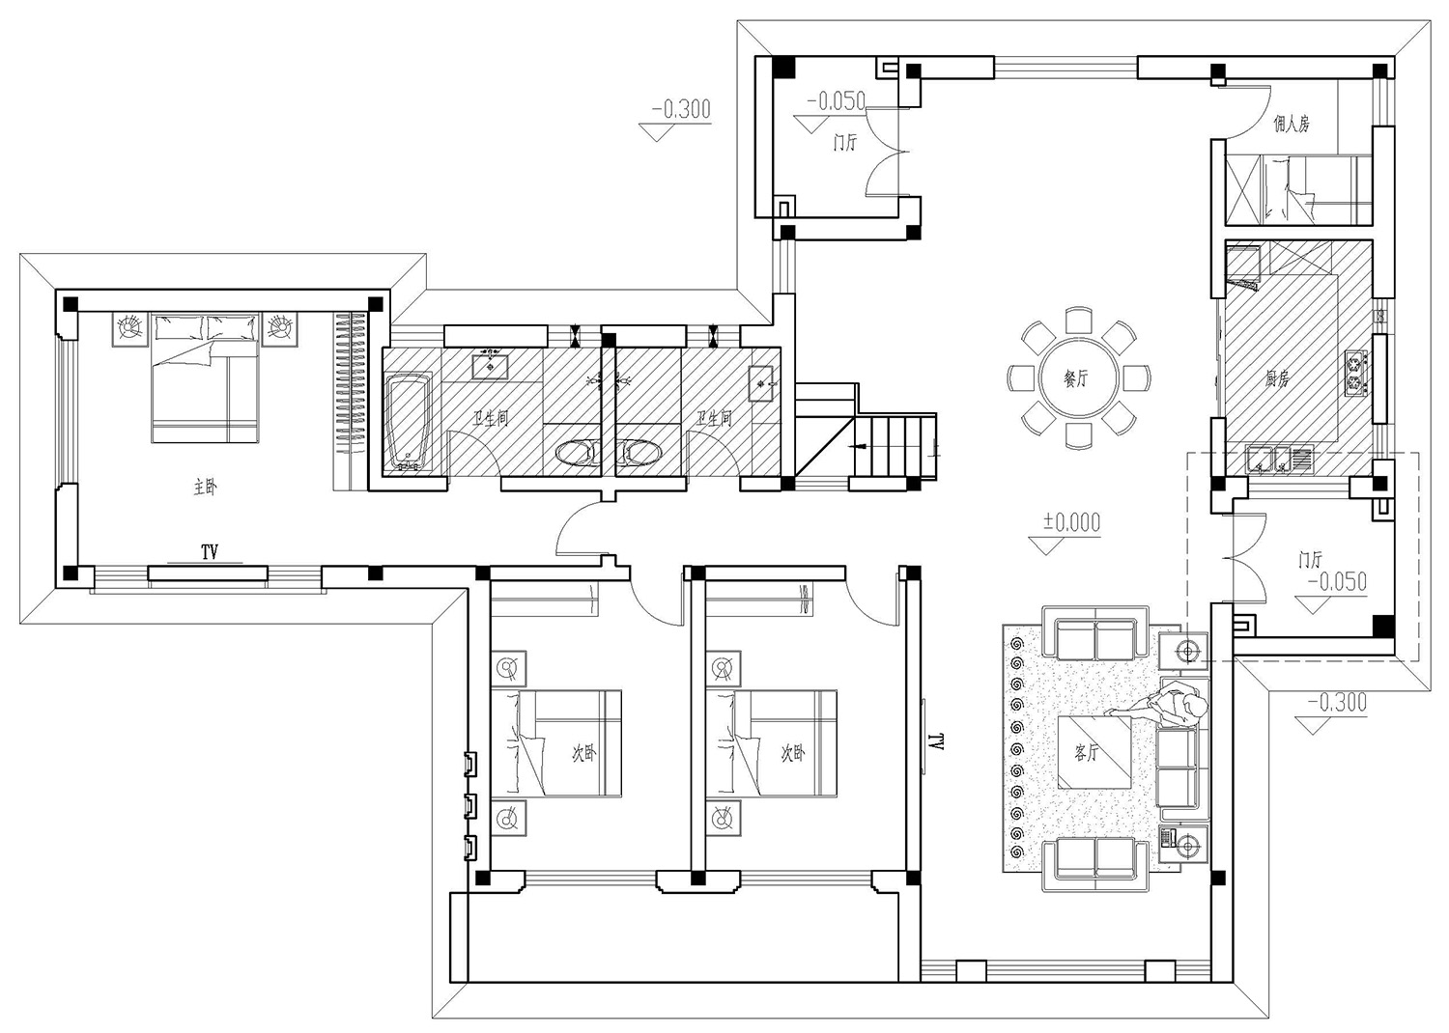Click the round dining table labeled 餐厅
[x=1078, y=378]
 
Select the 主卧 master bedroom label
[x=206, y=487]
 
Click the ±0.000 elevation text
[x=1071, y=521]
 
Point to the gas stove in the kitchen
[x=1357, y=373]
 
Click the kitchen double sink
[x=1281, y=460]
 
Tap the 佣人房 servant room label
[x=1292, y=124]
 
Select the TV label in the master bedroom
[x=209, y=551]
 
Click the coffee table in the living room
[x=1094, y=752]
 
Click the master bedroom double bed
[x=205, y=378]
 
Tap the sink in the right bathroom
[x=761, y=384]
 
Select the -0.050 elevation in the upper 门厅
[x=837, y=101]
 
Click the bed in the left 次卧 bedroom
[x=556, y=743]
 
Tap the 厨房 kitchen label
[x=1276, y=379]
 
